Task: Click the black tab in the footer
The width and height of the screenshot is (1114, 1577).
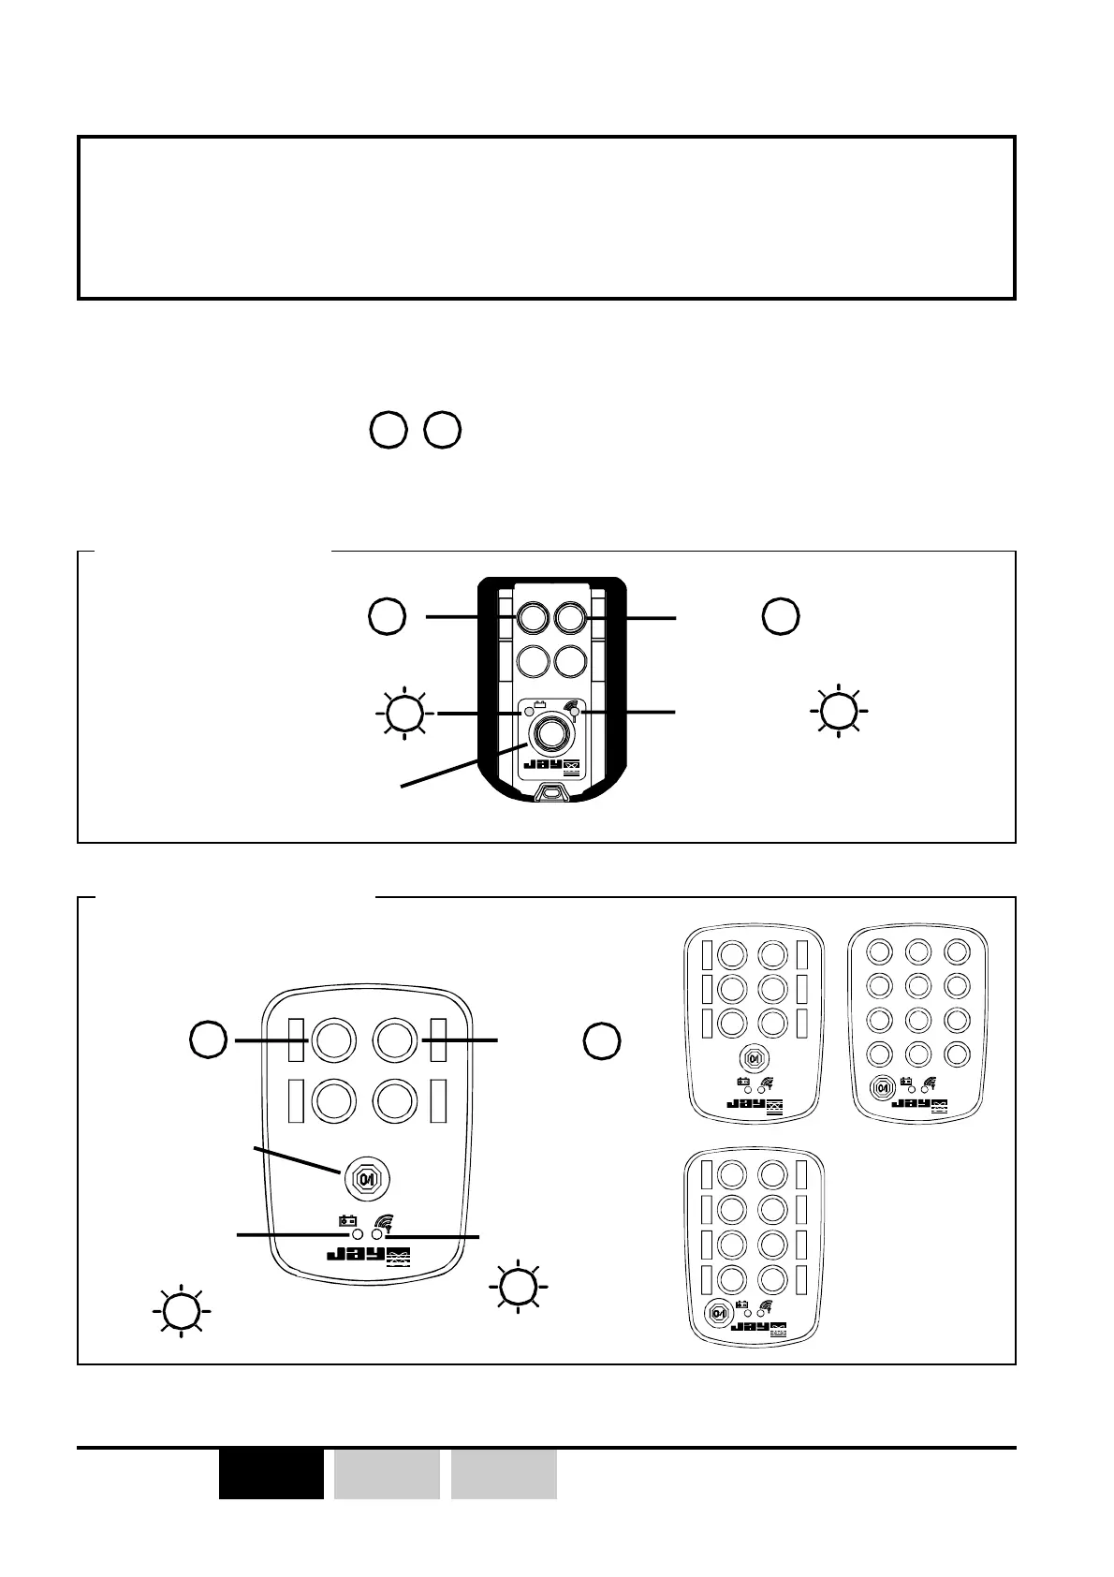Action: click(x=271, y=1474)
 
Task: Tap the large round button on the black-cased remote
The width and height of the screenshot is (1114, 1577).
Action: click(x=550, y=735)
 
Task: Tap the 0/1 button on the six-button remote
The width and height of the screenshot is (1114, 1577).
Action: click(x=753, y=1057)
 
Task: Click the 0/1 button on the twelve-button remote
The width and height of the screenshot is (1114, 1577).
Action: click(x=881, y=1088)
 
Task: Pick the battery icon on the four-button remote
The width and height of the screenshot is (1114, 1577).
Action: click(x=347, y=1221)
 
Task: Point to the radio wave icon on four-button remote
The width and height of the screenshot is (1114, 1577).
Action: click(x=381, y=1221)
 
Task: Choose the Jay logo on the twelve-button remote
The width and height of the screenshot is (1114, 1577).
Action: click(x=919, y=1105)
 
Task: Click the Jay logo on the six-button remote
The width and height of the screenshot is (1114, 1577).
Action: click(x=755, y=1105)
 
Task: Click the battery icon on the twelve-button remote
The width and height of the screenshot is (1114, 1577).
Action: click(x=905, y=1083)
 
